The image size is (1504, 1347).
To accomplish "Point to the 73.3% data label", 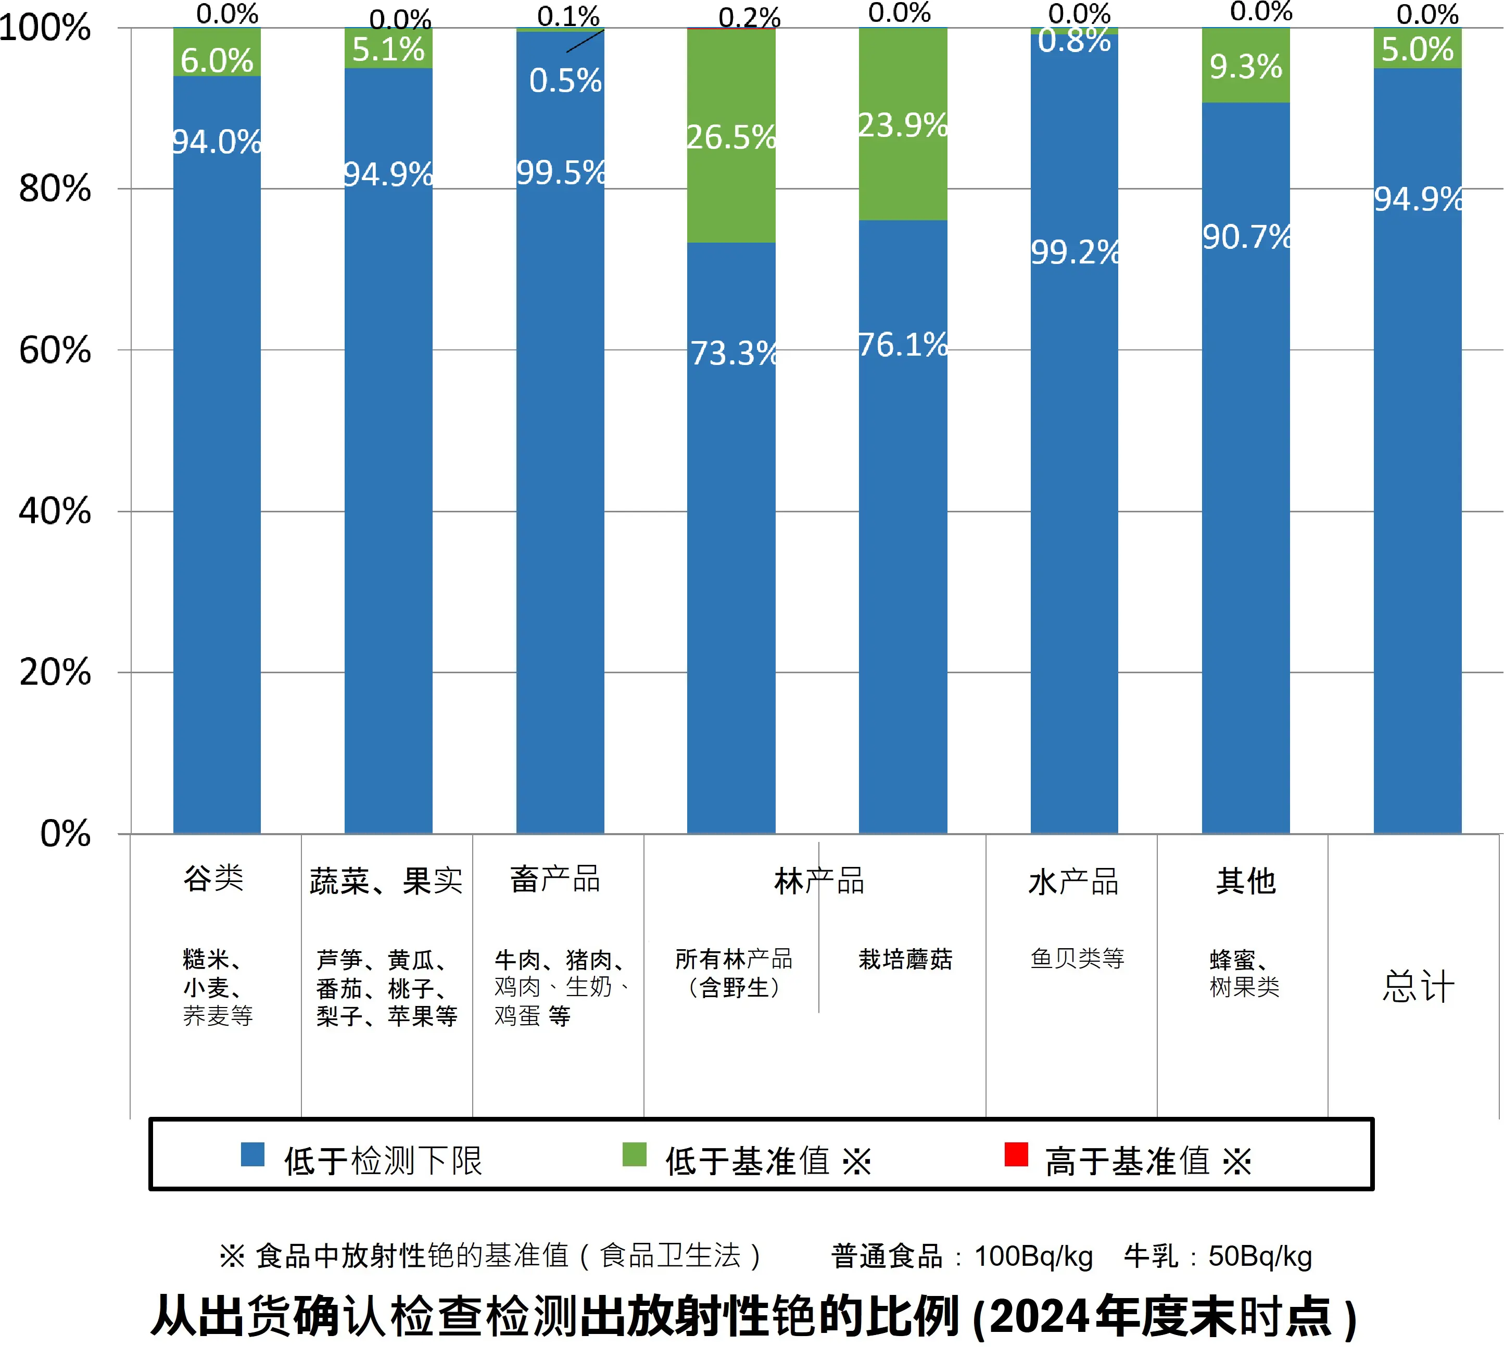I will (732, 353).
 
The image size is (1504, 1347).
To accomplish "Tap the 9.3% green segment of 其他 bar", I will (1246, 67).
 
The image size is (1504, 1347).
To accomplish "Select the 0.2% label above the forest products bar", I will (749, 16).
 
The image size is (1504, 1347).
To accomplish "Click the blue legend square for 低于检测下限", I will (252, 1154).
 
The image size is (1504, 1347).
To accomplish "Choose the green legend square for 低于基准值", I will (634, 1154).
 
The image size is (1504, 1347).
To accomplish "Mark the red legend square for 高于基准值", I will (1016, 1154).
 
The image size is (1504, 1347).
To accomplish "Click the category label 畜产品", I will (555, 880).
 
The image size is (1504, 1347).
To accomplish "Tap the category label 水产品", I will (1073, 882).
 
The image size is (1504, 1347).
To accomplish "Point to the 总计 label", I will (1418, 987).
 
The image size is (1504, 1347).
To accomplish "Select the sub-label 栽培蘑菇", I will (905, 959).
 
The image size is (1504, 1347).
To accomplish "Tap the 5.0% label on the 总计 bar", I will (1417, 49).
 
